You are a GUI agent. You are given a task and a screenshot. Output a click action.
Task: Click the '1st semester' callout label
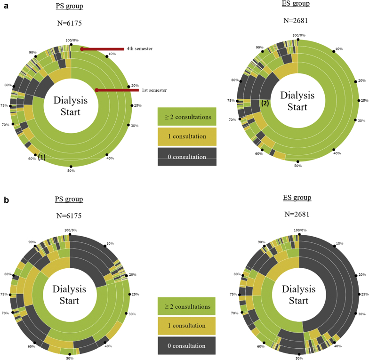point(153,90)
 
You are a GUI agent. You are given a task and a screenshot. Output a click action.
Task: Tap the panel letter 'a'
point(6,8)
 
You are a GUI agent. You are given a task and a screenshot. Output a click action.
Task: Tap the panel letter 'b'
point(6,200)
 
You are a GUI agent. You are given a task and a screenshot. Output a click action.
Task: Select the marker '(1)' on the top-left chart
point(42,158)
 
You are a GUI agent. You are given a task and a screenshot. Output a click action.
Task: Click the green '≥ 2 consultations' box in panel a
point(187,117)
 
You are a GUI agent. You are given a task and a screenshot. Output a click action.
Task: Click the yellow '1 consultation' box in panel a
point(187,136)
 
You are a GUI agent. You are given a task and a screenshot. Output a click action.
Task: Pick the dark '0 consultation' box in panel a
point(187,156)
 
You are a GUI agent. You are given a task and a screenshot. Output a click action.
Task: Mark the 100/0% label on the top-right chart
point(298,35)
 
